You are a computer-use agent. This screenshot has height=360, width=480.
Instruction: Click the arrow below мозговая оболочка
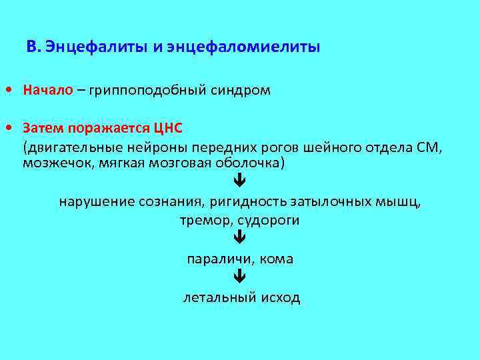tap(240, 181)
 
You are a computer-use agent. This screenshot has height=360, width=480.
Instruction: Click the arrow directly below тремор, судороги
tap(240, 237)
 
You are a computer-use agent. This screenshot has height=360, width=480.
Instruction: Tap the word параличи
tap(215, 258)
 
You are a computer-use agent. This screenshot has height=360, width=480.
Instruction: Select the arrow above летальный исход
tap(240, 275)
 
